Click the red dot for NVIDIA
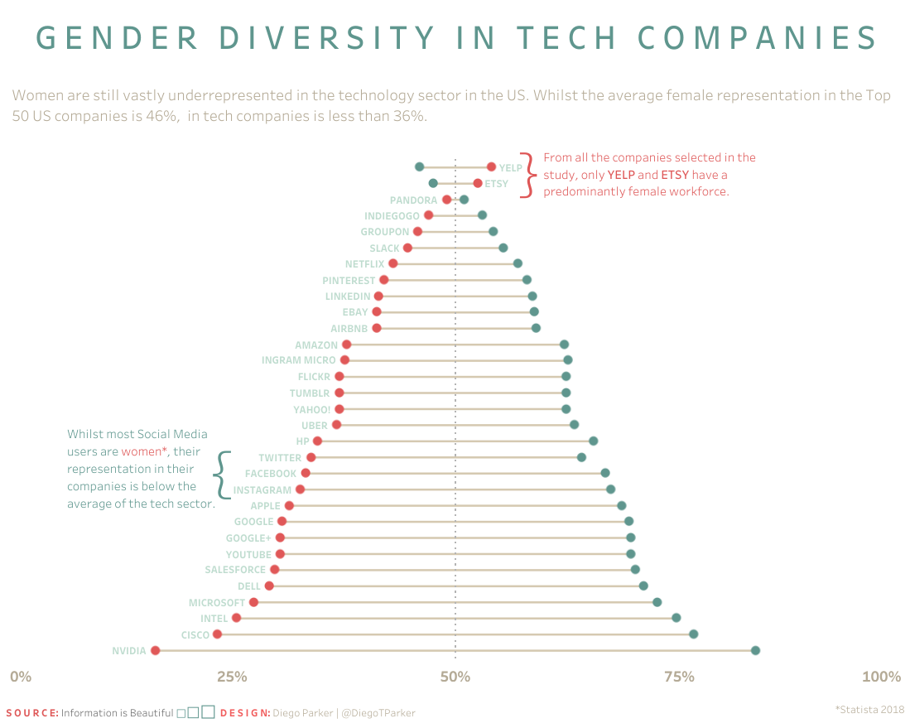155,651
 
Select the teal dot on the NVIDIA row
755,651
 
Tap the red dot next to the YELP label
491,167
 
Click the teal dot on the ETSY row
433,183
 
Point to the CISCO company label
195,635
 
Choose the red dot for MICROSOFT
253,602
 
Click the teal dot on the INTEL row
676,618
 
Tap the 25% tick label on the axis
232,677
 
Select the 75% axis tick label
679,677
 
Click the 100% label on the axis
881,677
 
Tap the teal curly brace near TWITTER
219,474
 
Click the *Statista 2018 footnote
869,709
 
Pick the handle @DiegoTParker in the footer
378,713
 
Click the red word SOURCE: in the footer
32,713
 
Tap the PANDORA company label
413,200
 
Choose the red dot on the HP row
317,441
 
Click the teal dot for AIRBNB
536,328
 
